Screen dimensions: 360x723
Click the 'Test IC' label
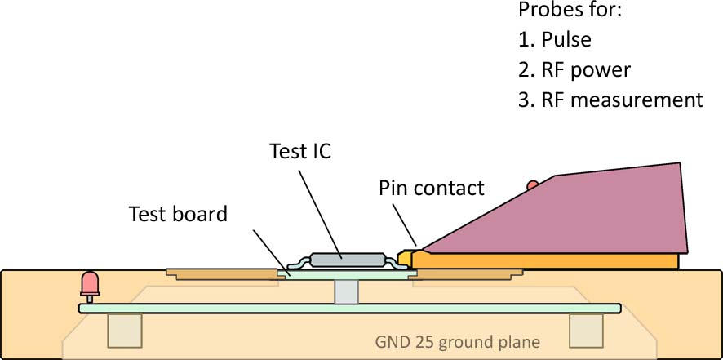coord(300,152)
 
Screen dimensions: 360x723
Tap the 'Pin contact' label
coord(431,189)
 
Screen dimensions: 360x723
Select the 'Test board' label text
coord(178,215)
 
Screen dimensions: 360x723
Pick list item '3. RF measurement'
coord(610,100)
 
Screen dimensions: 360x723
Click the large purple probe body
coord(588,212)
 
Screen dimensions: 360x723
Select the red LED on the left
coord(89,285)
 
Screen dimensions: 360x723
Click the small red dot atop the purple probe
coord(533,185)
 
